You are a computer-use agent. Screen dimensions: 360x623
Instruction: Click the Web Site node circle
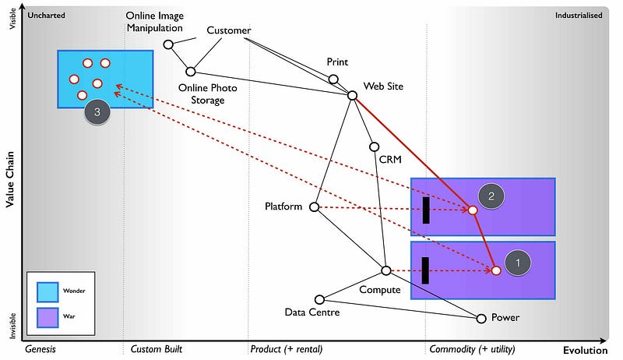[x=352, y=95]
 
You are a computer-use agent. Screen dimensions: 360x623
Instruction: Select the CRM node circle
[x=374, y=146]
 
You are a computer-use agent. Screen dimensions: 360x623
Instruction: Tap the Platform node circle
[x=315, y=207]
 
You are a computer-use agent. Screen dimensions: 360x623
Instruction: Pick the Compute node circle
[x=385, y=270]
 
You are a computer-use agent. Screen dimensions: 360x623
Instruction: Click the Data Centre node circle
[x=319, y=299]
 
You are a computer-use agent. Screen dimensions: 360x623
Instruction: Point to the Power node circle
[x=481, y=318]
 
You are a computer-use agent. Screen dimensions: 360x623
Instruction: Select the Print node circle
[x=333, y=79]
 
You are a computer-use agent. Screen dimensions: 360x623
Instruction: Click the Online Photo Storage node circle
[x=190, y=72]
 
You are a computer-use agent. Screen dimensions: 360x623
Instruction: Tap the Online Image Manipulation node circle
[x=168, y=44]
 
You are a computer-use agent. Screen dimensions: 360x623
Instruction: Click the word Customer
[x=228, y=30]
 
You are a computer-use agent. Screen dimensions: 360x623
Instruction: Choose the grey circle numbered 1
[x=517, y=263]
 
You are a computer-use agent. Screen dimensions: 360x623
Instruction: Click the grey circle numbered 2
[x=491, y=196]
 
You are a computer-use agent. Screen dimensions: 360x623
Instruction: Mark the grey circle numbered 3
[x=97, y=112]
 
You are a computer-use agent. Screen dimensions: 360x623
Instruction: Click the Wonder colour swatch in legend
[x=48, y=291]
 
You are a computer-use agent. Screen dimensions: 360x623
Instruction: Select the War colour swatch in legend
[x=48, y=317]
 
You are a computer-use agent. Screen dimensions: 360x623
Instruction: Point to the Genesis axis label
[x=44, y=349]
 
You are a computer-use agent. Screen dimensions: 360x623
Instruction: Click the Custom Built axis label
[x=156, y=349]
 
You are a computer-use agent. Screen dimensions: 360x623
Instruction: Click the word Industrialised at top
[x=579, y=15]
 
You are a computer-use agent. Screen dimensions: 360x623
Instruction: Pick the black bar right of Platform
[x=425, y=210]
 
